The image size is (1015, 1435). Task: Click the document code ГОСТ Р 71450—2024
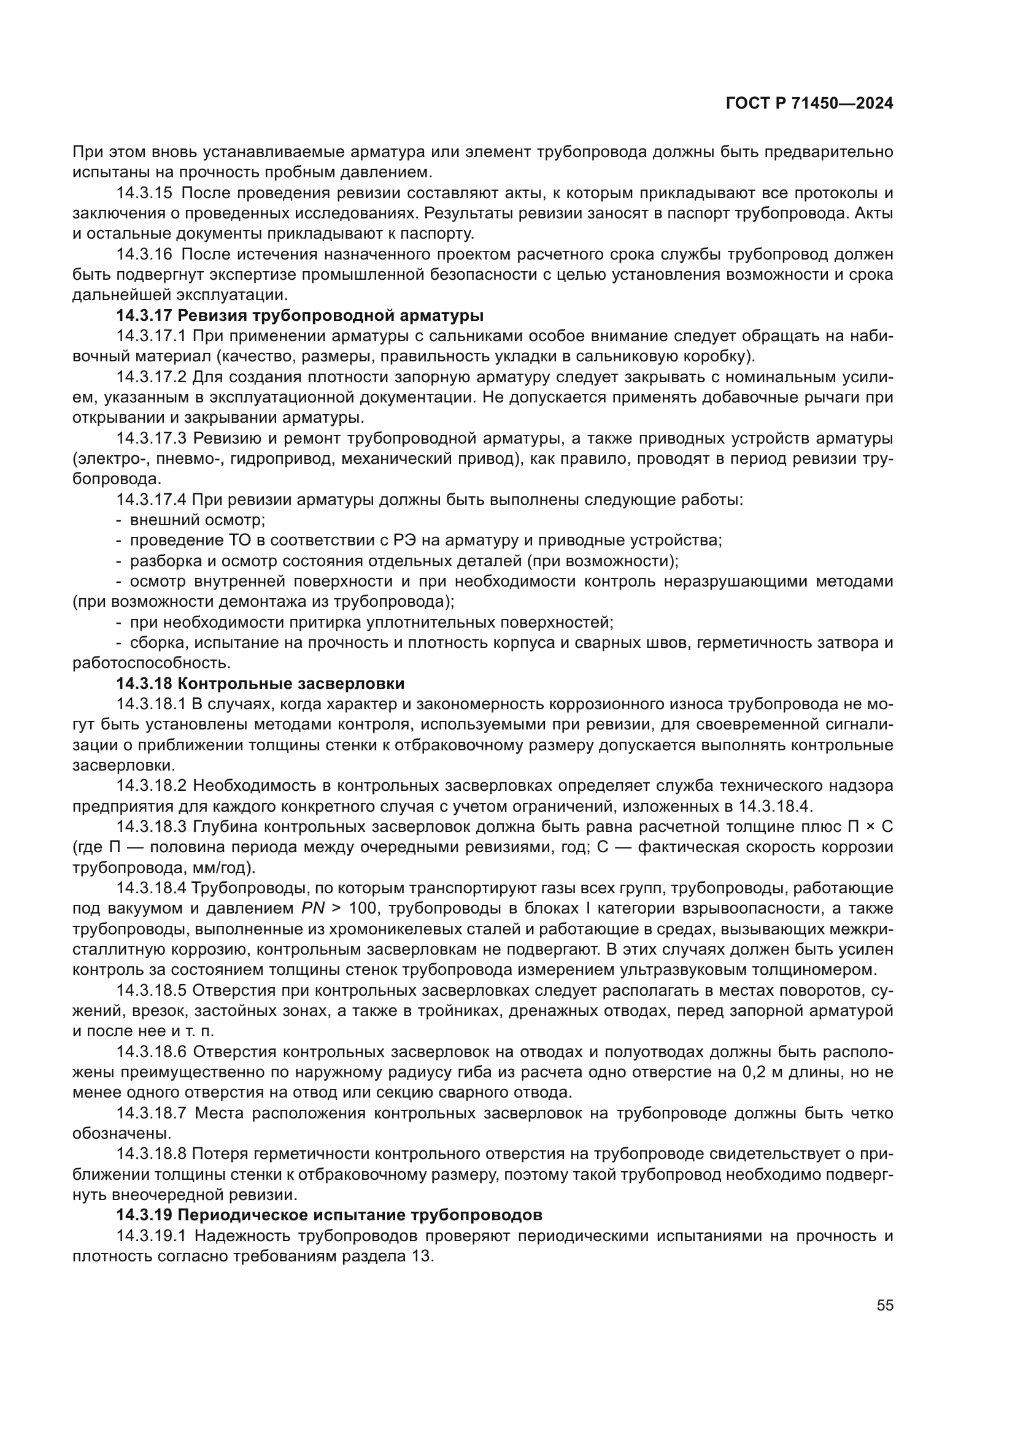point(809,104)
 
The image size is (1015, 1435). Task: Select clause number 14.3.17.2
point(151,377)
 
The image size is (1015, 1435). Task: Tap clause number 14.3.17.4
point(151,499)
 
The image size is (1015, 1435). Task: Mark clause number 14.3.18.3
point(151,826)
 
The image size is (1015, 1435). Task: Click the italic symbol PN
point(312,908)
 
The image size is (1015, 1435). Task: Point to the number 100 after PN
point(363,908)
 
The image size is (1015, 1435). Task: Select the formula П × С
point(870,826)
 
